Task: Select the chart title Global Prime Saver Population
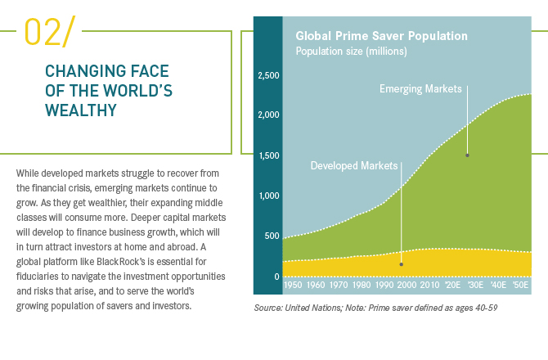(x=381, y=36)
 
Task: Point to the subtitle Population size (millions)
(x=351, y=51)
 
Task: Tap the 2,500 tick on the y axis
(x=268, y=76)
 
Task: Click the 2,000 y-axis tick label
(x=268, y=115)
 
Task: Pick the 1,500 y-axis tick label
(x=268, y=155)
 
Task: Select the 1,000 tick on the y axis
(x=268, y=196)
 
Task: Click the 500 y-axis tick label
(x=272, y=236)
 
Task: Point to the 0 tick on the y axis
(x=276, y=277)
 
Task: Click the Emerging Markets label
(x=420, y=88)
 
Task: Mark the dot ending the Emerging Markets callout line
(x=468, y=155)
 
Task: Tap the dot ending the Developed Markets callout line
(x=401, y=264)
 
